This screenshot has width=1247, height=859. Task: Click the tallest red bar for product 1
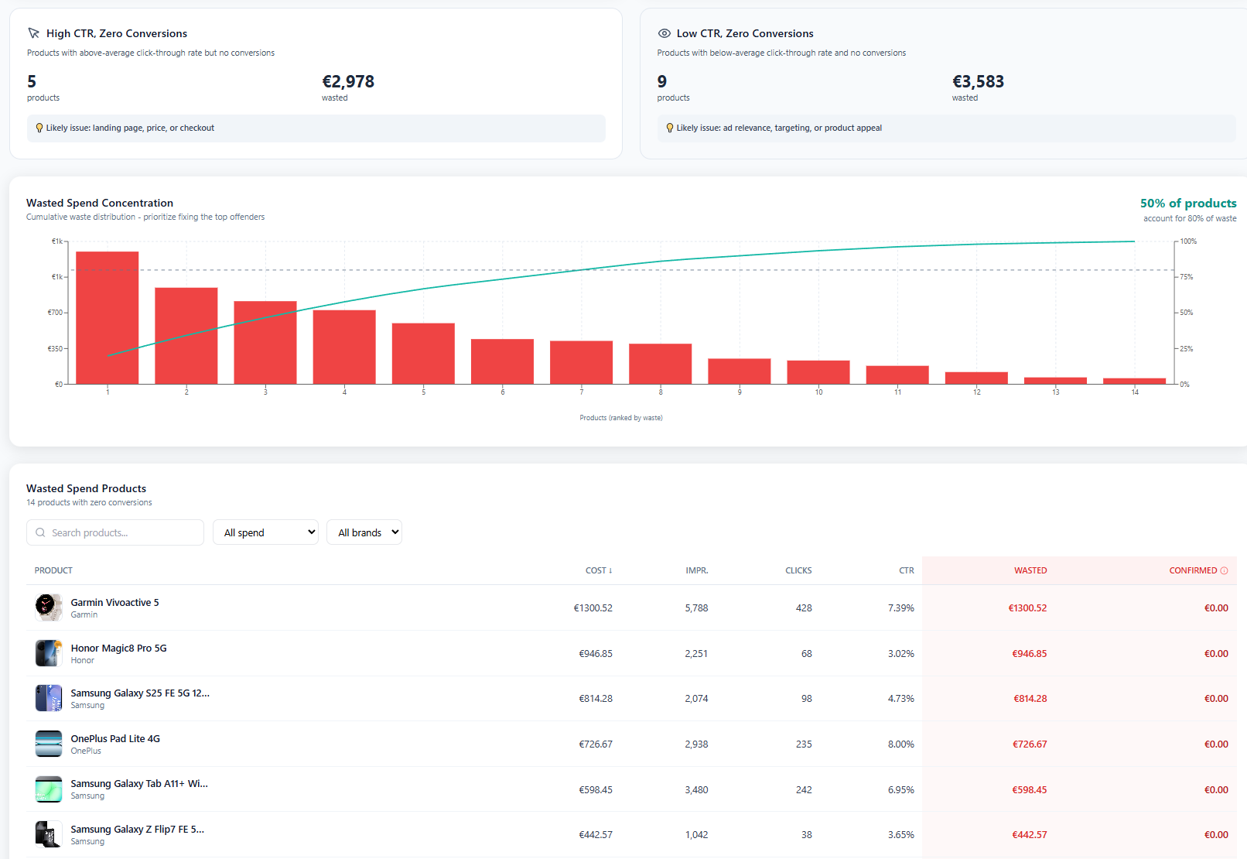108,317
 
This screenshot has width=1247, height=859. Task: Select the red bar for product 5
423,353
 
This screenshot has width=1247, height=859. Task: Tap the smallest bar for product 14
1134,381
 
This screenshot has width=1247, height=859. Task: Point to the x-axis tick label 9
740,392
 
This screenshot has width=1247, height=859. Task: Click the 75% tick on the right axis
1186,277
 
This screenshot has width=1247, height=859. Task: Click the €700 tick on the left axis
55,313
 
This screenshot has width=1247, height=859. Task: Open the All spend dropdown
265,532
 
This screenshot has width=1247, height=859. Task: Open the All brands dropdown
364,532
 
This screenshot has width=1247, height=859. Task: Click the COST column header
598,570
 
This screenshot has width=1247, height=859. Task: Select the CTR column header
906,570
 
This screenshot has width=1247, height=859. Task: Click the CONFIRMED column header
1193,570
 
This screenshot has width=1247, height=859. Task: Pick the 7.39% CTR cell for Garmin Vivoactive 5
900,608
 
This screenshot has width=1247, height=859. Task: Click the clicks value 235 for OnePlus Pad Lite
804,744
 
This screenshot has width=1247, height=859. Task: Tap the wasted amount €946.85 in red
1029,654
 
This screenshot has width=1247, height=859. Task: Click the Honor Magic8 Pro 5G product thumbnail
48,653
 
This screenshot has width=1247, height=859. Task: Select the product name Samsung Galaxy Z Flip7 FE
137,830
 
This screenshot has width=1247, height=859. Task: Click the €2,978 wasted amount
348,82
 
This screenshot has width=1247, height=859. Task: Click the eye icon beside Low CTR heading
664,33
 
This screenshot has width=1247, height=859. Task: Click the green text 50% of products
1187,204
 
